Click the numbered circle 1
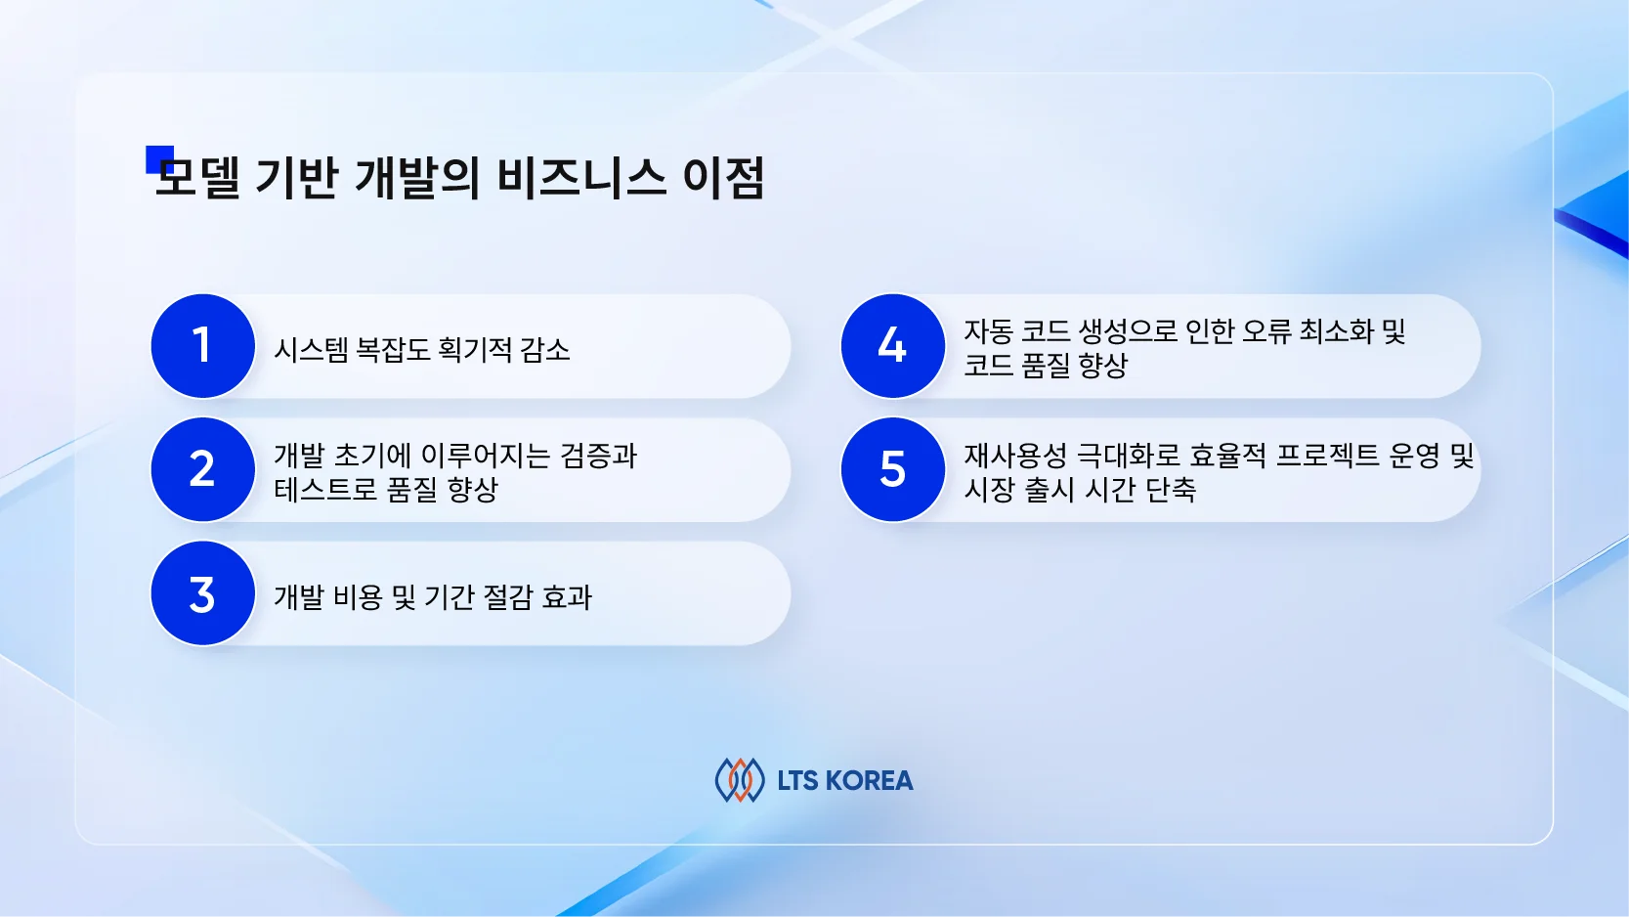pos(203,346)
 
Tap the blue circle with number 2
pos(203,469)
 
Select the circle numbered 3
pos(203,593)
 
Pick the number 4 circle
pos(893,346)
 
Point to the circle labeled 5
pos(893,469)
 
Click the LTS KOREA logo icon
pos(740,780)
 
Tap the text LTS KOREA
pos(845,781)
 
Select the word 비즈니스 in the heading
pos(581,178)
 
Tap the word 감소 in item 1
pos(544,350)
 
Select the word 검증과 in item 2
pos(598,456)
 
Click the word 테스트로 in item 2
pos(325,489)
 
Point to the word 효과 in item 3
pos(567,597)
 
